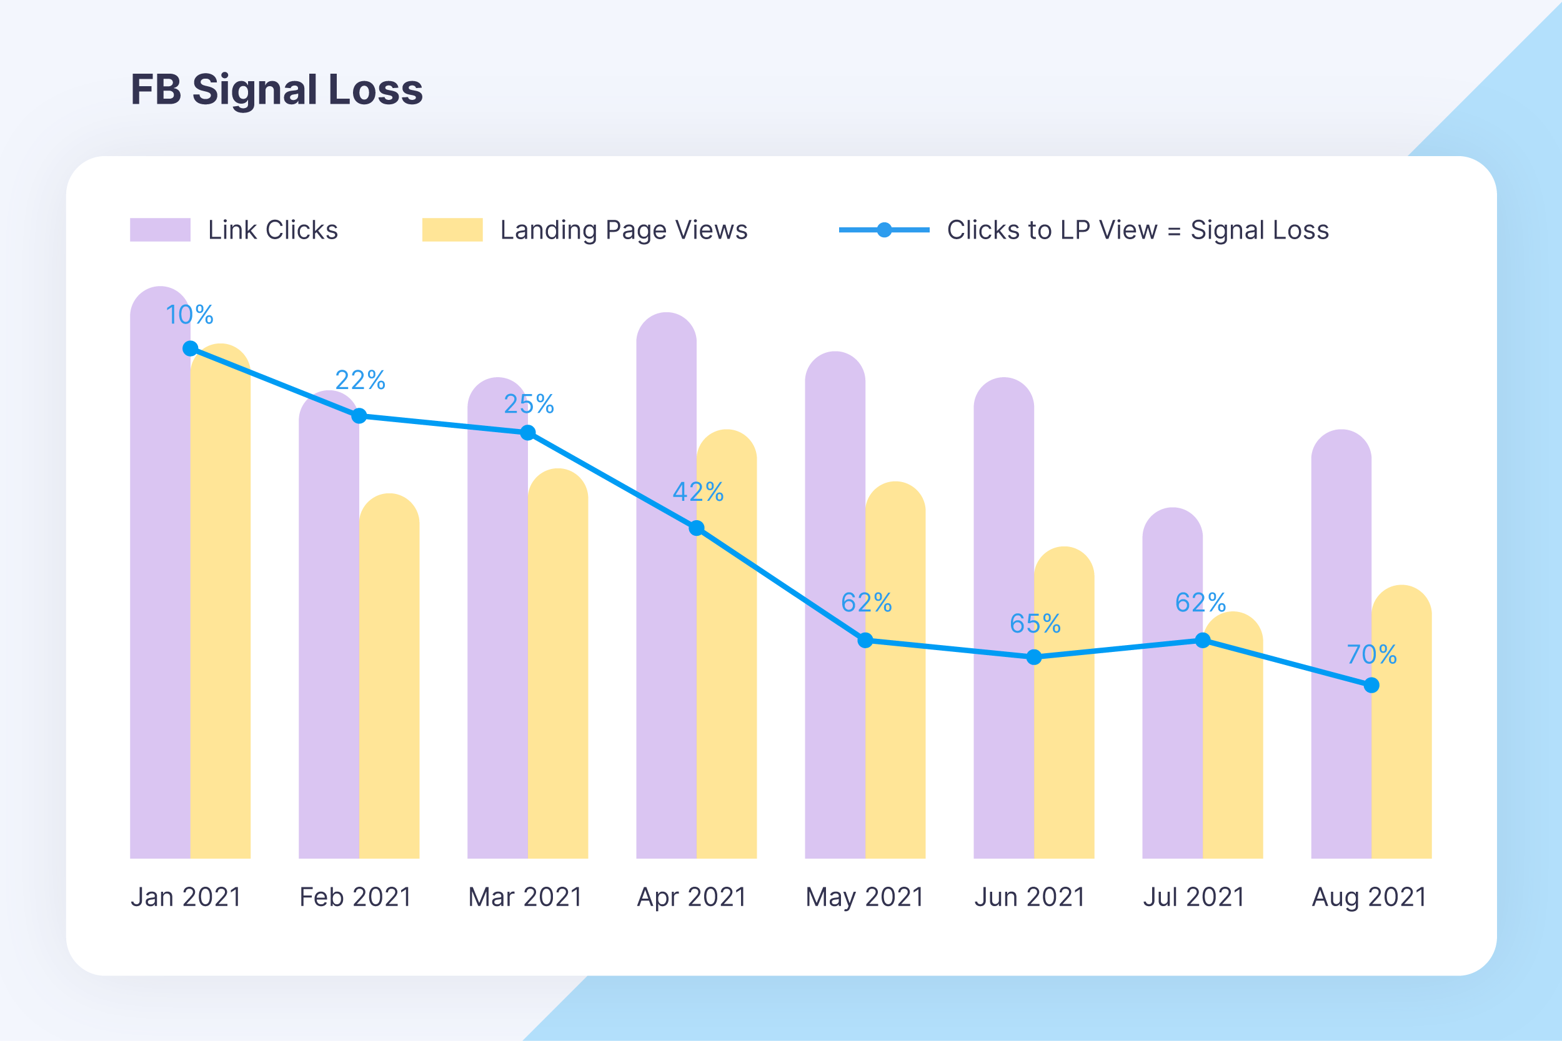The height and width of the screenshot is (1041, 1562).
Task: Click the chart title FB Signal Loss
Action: pyautogui.click(x=276, y=90)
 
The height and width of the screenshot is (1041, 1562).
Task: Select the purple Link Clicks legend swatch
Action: pyautogui.click(x=160, y=230)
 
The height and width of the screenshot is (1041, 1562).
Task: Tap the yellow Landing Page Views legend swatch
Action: pyautogui.click(x=452, y=230)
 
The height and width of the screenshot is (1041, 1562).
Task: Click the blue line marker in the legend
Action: pyautogui.click(x=884, y=230)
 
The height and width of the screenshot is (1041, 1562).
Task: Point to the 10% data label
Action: pyautogui.click(x=189, y=315)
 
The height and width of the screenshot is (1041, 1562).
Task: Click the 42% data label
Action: pyautogui.click(x=698, y=492)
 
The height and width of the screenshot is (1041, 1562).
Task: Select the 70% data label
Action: pyautogui.click(x=1371, y=654)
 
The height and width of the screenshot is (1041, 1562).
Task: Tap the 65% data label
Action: pyautogui.click(x=1035, y=623)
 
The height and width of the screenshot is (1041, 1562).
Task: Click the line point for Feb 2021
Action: pyautogui.click(x=359, y=417)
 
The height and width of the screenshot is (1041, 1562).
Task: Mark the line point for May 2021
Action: pyautogui.click(x=865, y=640)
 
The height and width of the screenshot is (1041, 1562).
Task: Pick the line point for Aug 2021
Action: pyautogui.click(x=1371, y=685)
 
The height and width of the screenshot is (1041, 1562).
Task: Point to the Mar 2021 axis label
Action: pyautogui.click(x=525, y=897)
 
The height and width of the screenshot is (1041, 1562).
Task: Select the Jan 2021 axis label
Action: pyautogui.click(x=186, y=897)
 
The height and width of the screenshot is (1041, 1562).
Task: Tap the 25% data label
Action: pyautogui.click(x=529, y=403)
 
